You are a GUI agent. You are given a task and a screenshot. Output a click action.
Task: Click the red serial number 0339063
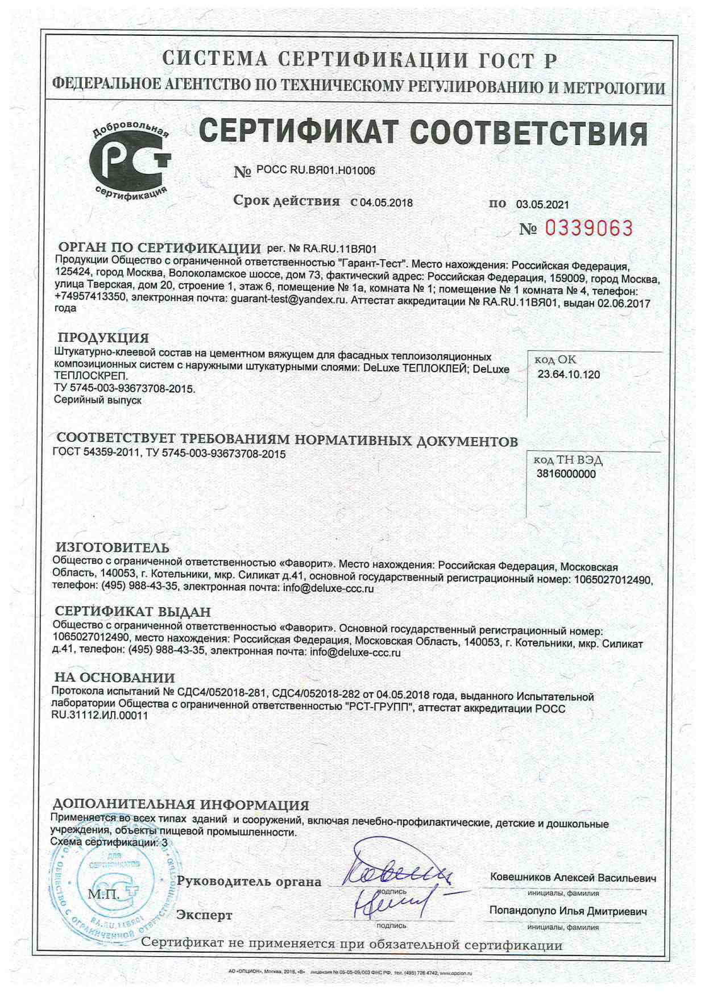point(589,229)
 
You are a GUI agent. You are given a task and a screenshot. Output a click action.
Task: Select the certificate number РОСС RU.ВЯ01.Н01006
point(316,170)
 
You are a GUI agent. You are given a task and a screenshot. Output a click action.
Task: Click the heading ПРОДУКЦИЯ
point(103,339)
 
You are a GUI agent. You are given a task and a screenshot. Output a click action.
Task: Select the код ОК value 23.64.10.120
point(569,375)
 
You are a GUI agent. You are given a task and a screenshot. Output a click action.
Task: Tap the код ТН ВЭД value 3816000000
point(566,474)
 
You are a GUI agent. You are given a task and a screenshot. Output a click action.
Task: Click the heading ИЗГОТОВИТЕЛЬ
point(112,548)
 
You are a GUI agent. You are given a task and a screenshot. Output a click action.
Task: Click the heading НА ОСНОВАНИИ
point(114,678)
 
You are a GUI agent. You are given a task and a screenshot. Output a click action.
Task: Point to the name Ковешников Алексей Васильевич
point(573,878)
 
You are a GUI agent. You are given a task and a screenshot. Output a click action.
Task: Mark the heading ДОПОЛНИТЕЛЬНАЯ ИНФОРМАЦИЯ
point(180,805)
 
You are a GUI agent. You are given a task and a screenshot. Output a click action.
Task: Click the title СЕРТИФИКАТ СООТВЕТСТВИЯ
point(423,132)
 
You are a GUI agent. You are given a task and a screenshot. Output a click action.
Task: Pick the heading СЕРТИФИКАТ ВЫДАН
point(132,612)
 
